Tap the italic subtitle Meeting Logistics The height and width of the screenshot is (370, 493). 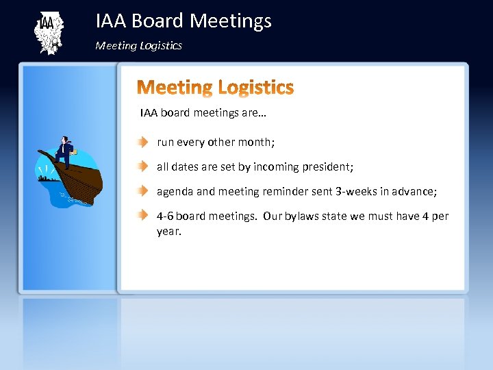coord(138,46)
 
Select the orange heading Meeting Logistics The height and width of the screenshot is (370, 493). coord(216,88)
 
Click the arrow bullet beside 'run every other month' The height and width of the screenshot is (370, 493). coord(141,143)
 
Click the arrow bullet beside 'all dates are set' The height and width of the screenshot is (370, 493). coord(141,166)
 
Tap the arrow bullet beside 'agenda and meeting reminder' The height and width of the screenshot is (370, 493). coord(141,191)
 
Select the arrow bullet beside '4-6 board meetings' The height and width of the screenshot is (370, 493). coord(141,216)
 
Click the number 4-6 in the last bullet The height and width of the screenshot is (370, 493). coord(165,217)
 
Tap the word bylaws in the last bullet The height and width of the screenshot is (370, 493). coord(299,217)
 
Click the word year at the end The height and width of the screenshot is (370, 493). coord(168,232)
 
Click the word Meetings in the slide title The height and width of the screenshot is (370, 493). coord(230,21)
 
